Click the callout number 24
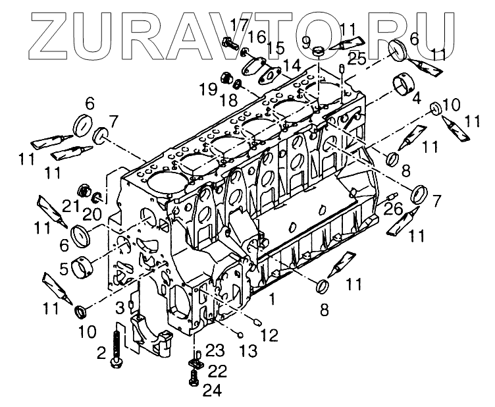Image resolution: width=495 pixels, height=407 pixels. (212, 391)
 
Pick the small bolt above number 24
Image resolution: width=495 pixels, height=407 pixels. (194, 377)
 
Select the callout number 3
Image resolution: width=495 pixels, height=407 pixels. (120, 307)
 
